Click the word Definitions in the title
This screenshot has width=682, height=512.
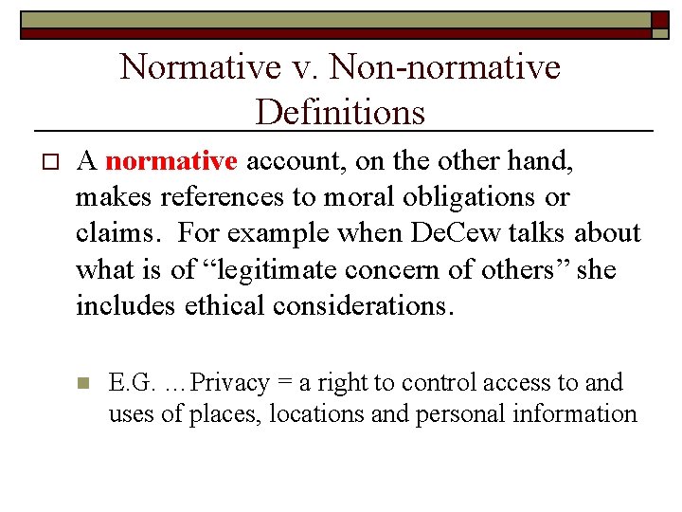[340, 112]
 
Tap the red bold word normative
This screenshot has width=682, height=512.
[170, 162]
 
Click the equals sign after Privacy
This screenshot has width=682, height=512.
[286, 383]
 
